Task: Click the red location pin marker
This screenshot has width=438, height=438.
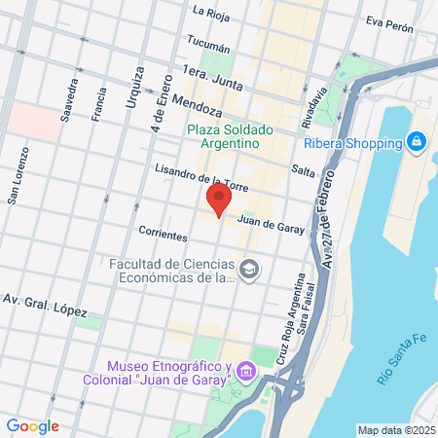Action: click(219, 201)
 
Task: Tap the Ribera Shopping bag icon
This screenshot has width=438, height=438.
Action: click(416, 142)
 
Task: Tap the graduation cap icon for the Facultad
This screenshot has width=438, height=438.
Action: click(250, 268)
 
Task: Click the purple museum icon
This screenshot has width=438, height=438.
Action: click(244, 372)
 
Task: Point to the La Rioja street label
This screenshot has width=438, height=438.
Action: click(210, 12)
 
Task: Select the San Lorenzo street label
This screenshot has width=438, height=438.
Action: click(20, 176)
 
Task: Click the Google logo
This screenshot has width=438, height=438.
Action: click(32, 425)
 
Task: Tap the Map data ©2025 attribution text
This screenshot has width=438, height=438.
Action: click(395, 430)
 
